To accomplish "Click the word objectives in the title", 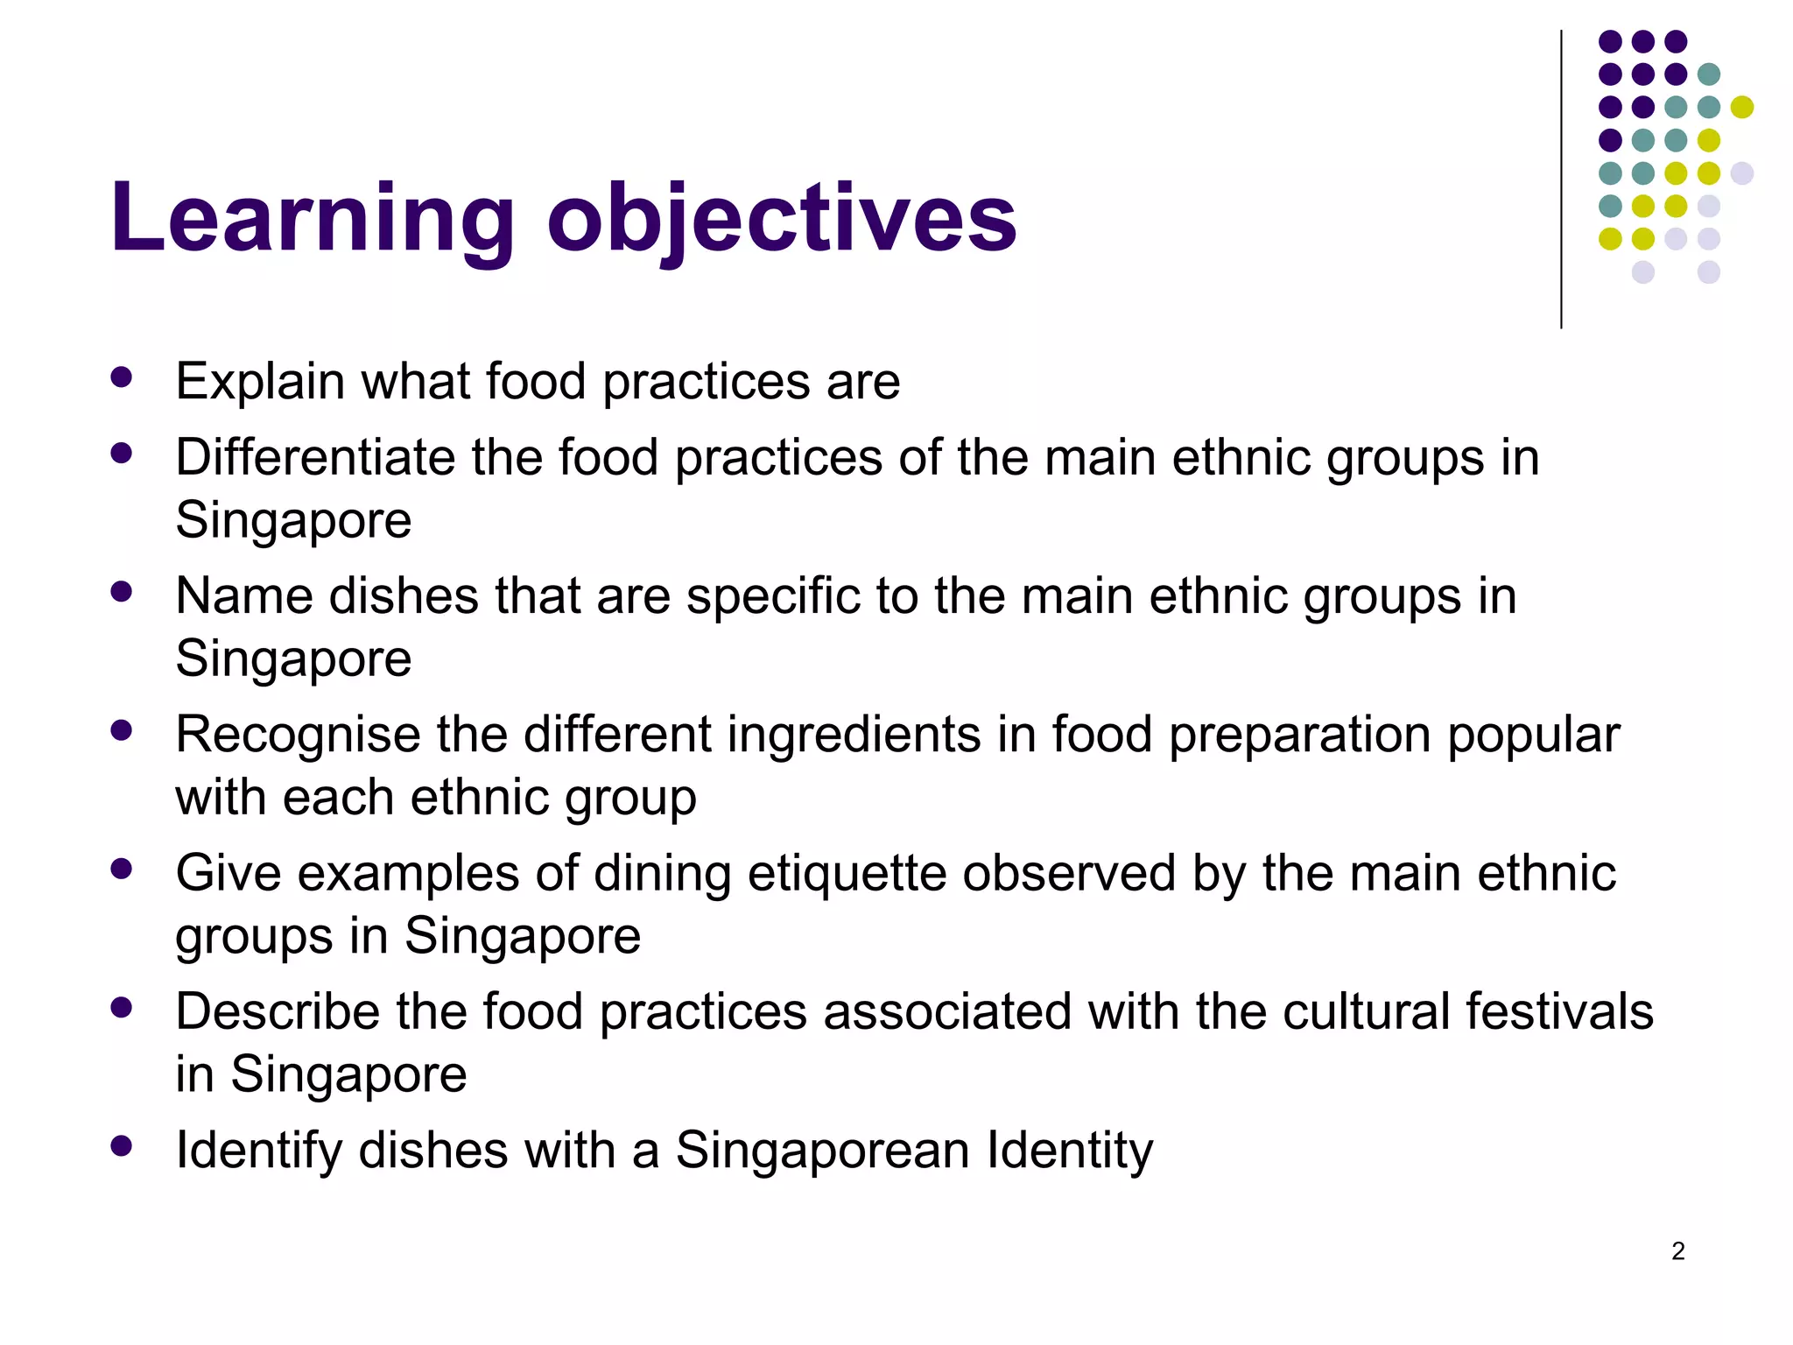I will coord(782,219).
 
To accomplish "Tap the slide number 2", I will coord(1677,1251).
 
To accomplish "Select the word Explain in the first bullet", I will coord(260,382).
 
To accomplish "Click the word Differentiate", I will coord(315,457).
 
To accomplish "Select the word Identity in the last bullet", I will coord(1070,1150).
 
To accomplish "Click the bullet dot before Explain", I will coord(122,377).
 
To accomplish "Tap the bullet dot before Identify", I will coord(122,1145).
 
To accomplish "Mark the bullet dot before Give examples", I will coord(122,869).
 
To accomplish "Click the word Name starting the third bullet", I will coord(244,595).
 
